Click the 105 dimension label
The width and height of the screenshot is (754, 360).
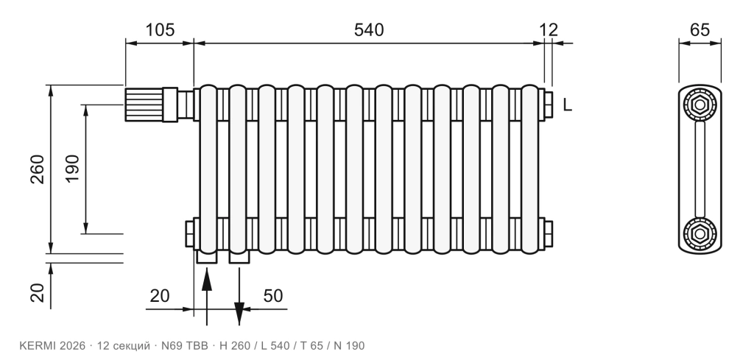pos(160,29)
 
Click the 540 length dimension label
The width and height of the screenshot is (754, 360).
pos(369,29)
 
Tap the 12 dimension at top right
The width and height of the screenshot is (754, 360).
pos(548,29)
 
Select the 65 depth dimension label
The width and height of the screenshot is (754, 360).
pos(700,29)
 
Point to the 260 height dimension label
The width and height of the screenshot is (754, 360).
pos(38,169)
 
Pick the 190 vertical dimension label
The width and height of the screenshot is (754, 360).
pos(72,169)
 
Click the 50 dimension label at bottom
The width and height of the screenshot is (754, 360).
pos(273,296)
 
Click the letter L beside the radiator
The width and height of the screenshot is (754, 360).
pos(568,105)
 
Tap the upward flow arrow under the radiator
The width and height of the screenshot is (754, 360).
pos(206,297)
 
